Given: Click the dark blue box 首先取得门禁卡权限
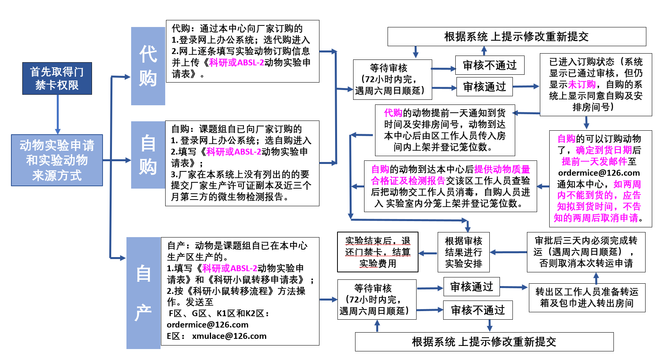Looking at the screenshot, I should point(57,78).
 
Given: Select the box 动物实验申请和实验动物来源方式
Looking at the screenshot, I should point(57,160).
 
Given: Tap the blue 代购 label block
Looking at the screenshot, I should point(148,66).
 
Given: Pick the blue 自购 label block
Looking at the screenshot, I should point(148,155).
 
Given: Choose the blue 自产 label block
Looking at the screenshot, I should point(143,293).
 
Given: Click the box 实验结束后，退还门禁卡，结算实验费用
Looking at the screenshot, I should point(377,252).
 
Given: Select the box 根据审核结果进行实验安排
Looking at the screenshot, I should point(464,252).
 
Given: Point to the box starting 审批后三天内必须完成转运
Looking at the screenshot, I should point(586,252).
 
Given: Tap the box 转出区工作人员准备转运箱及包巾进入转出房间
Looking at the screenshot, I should point(586,297).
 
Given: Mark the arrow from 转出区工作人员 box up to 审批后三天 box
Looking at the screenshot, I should point(596,278).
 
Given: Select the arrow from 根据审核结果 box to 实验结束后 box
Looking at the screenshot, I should point(428,253).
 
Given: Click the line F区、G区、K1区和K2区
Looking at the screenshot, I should point(219,313).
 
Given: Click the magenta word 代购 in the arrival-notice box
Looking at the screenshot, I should point(393,113).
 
